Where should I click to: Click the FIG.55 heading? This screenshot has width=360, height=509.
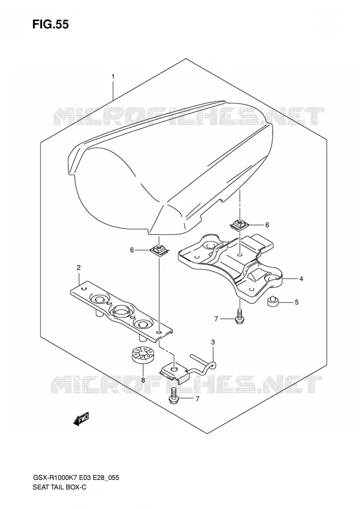(50, 24)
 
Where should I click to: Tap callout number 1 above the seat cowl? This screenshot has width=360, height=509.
(113, 77)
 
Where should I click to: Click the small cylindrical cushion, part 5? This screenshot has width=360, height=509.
(273, 302)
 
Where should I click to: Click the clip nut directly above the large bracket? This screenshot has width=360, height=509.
(240, 224)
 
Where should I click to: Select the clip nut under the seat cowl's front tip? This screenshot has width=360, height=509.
(159, 250)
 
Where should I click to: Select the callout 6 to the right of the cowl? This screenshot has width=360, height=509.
(267, 225)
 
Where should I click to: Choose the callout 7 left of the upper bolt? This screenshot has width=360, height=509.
(217, 319)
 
